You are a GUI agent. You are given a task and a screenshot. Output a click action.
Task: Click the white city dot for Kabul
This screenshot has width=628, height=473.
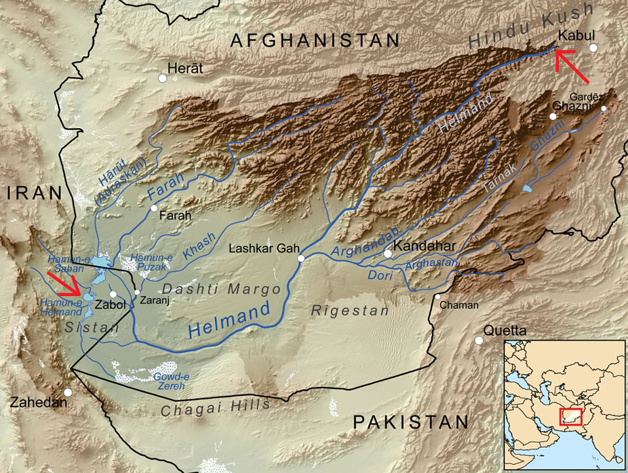(x=593, y=47)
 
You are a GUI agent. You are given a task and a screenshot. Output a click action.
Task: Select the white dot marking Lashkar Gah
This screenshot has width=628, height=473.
(x=300, y=258)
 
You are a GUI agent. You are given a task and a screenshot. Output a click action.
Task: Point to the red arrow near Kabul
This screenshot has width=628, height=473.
(x=568, y=59)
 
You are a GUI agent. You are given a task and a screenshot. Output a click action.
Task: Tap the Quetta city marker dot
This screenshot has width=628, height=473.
(x=479, y=341)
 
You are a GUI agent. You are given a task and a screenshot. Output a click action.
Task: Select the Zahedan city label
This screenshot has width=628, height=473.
(x=39, y=403)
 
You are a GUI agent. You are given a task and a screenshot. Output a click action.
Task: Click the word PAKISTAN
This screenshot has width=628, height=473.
(x=410, y=422)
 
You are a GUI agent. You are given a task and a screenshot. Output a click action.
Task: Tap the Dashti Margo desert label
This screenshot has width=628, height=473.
(x=221, y=289)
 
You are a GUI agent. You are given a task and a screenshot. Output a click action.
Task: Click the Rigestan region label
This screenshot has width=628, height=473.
(x=350, y=310)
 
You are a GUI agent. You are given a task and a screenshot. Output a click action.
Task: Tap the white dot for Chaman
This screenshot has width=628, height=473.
(x=439, y=296)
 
